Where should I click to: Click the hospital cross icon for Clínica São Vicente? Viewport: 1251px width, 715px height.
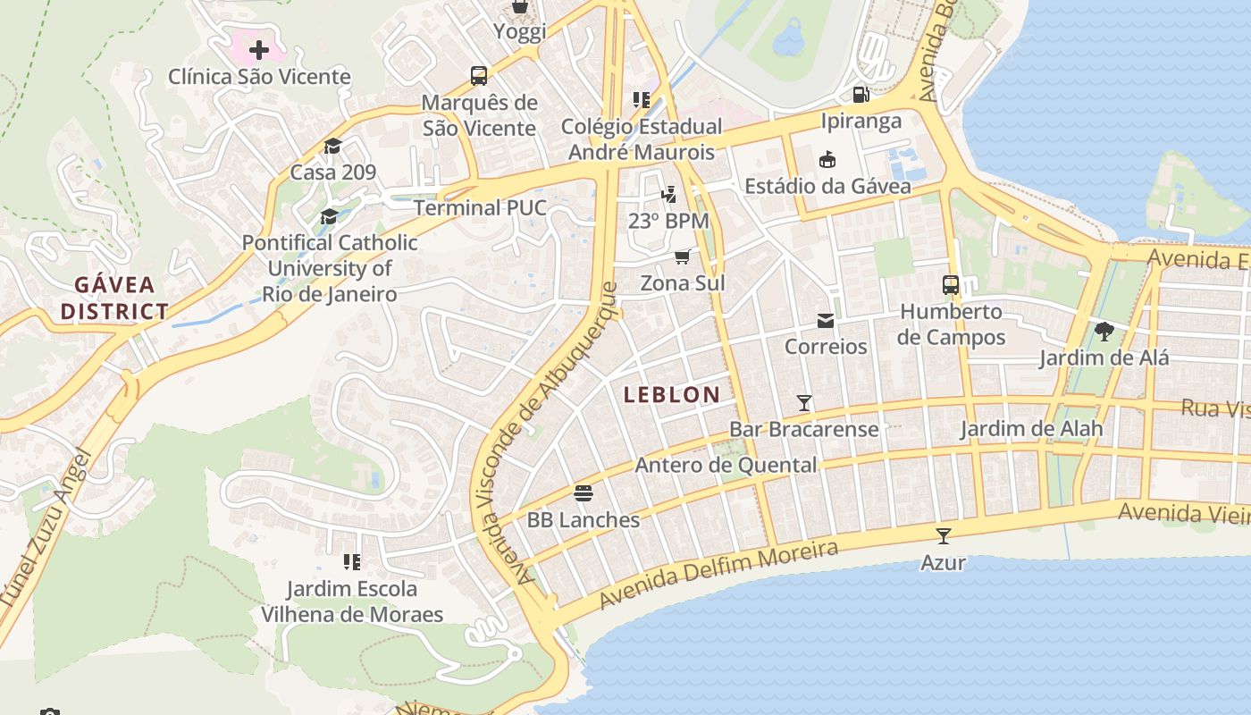coord(259,50)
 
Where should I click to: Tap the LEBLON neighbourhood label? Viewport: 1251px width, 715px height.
coord(672,394)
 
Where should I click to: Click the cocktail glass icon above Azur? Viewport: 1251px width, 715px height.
coord(943,536)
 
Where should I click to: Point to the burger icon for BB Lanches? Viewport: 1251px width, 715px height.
coord(584,493)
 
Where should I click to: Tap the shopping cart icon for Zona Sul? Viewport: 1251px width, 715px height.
coord(683,257)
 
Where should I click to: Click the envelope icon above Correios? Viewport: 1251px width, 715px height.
coord(826,321)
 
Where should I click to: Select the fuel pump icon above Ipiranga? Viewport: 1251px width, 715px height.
coord(861,94)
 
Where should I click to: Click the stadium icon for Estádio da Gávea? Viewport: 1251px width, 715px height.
coord(827,160)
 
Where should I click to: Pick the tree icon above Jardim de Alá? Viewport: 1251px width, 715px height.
coord(1104,332)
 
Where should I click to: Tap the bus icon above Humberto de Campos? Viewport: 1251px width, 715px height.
coord(951,286)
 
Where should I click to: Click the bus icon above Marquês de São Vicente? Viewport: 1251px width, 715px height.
coord(479,76)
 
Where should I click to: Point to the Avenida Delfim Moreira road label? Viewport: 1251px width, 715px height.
coord(718,573)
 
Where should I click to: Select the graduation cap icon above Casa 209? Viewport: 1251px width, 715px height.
coord(333,147)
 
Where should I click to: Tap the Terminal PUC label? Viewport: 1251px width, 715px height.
coord(480,208)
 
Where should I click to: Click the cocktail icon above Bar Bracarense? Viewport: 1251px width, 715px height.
coord(804,403)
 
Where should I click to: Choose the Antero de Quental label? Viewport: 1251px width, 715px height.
coord(726,465)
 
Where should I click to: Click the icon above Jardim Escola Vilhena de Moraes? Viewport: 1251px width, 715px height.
coord(352,562)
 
